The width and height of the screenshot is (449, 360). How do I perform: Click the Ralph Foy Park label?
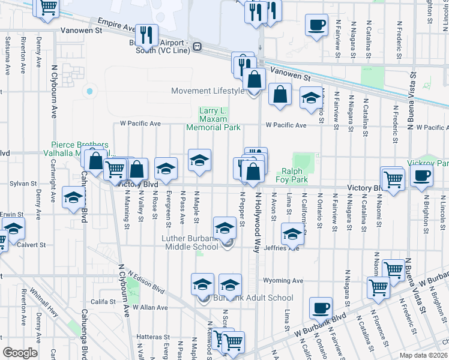click(292, 175)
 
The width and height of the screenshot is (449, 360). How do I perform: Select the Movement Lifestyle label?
click(207, 91)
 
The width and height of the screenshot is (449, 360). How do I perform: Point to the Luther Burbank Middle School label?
click(190, 242)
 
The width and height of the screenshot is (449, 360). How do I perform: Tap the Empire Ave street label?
click(121, 28)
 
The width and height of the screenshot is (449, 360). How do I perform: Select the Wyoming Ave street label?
click(283, 281)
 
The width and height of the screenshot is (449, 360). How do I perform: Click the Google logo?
click(20, 353)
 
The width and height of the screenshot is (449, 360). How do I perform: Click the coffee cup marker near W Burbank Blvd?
click(321, 308)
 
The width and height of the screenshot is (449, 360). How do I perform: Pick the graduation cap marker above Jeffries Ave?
click(292, 234)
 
